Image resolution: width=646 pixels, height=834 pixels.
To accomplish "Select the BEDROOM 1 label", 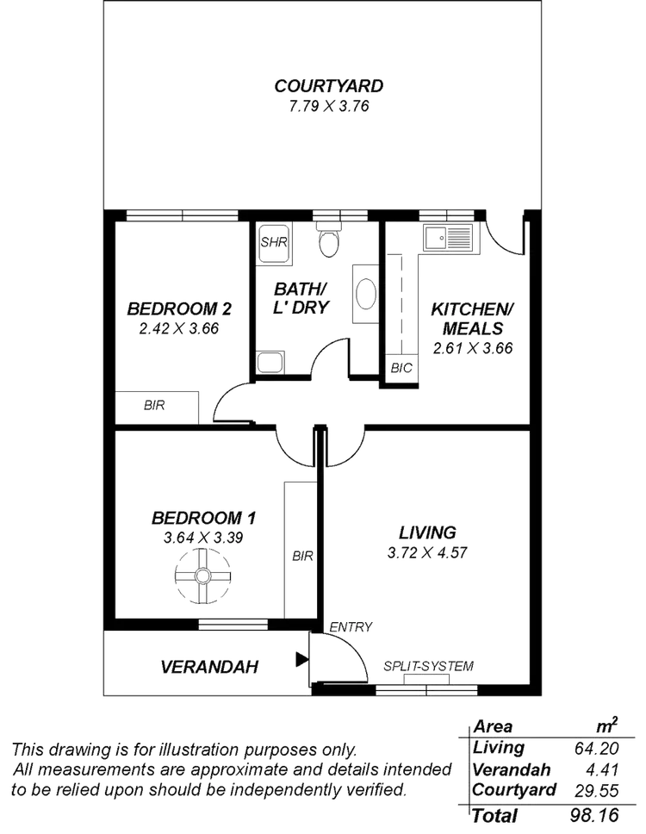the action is pos(205,518).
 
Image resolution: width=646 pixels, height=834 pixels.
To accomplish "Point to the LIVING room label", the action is pos(427,532).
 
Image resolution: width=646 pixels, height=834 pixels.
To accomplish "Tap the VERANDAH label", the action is pos(210,667).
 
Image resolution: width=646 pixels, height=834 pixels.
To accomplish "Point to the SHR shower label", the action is pos(273,240).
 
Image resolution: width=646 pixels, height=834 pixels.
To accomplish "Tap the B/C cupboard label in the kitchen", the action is pos(401,368).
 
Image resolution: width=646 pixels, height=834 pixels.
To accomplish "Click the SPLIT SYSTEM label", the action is pos(429,665).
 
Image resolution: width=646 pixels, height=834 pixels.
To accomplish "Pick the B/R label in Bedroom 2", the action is pos(154,406).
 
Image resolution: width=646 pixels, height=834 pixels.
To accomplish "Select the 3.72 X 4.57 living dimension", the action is pos(427,552).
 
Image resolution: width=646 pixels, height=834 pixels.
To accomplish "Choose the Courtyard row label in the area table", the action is pos(515,789).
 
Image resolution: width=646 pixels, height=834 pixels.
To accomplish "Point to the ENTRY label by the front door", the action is pos(351,626).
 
